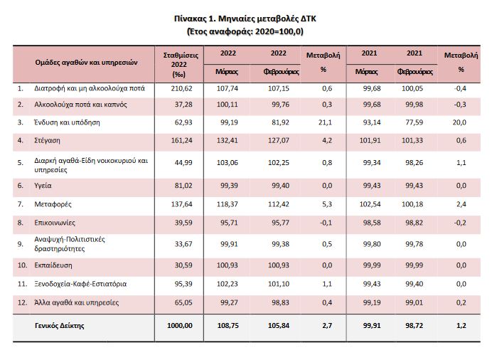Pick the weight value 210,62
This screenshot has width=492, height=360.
(183, 89)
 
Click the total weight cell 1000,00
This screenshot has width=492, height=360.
(181, 327)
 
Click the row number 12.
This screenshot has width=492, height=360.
(22, 302)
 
